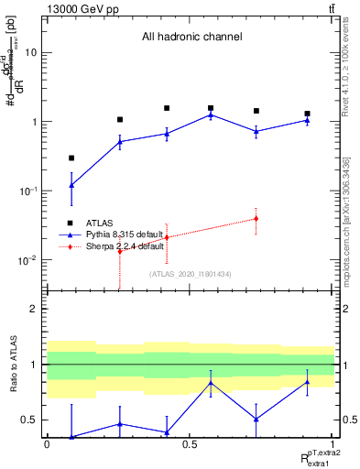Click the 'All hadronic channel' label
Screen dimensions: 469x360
tap(191, 38)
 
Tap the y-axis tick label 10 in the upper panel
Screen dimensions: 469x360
tap(31, 52)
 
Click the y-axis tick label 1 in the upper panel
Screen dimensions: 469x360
tap(34, 122)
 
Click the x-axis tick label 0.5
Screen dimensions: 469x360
tap(190, 445)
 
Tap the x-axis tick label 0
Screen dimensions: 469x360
tap(47, 445)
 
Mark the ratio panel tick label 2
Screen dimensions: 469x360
tap(34, 310)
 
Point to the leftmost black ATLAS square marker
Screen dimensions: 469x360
tap(71, 158)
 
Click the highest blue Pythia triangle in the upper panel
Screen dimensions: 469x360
tap(211, 115)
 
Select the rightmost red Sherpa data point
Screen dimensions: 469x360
tap(256, 218)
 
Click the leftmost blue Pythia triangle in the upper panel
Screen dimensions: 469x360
tap(71, 185)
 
